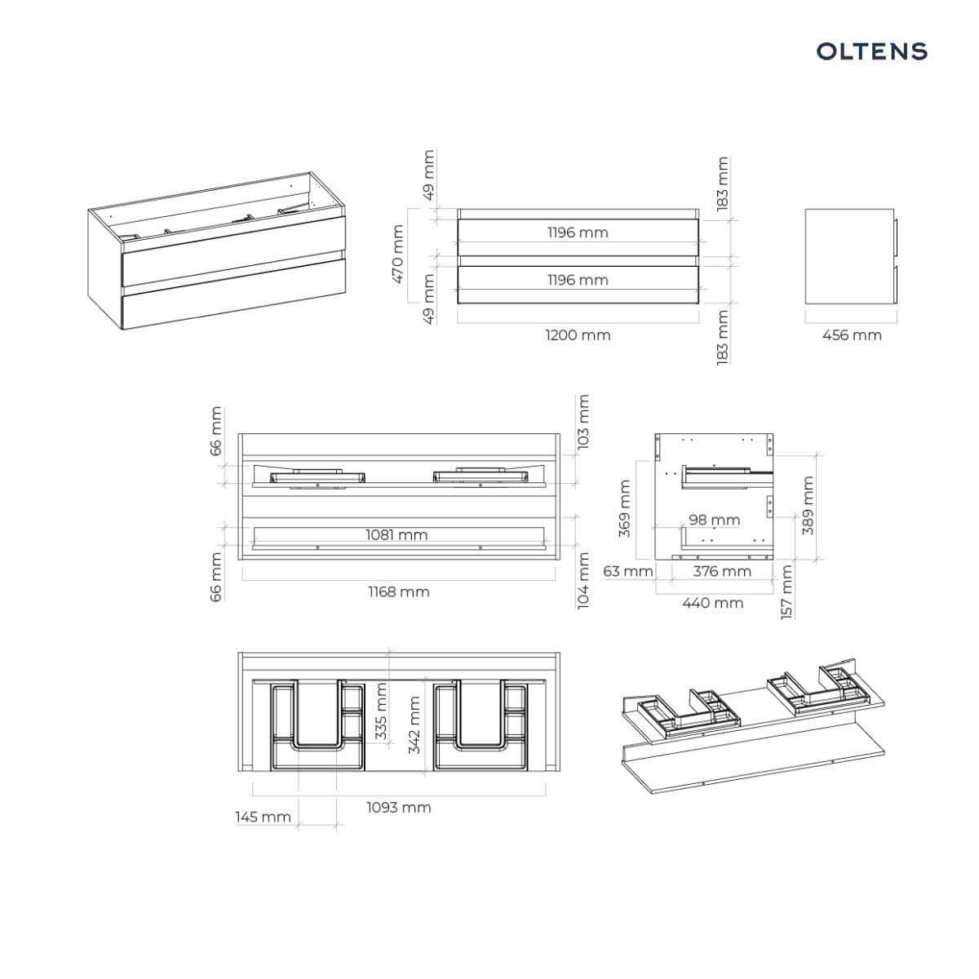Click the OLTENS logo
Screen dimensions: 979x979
(x=871, y=51)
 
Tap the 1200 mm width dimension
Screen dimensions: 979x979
(x=578, y=335)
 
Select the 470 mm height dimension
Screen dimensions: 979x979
(x=398, y=254)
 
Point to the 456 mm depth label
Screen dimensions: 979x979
(x=852, y=335)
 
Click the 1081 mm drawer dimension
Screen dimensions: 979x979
(x=396, y=535)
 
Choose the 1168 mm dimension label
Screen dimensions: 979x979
(x=399, y=591)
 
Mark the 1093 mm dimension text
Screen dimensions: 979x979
(x=399, y=808)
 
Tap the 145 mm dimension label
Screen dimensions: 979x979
(x=264, y=817)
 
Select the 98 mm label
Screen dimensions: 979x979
(x=715, y=521)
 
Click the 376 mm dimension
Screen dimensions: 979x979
(x=722, y=572)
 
